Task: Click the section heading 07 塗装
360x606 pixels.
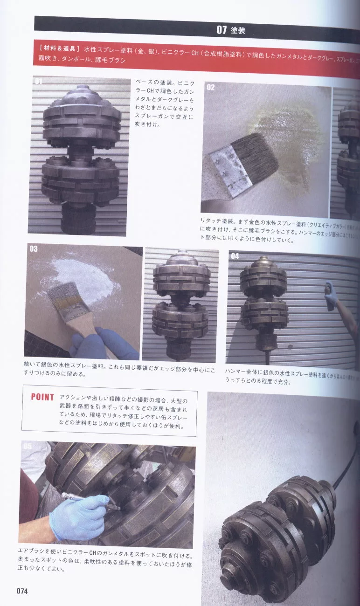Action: [230, 30]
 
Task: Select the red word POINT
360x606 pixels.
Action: [42, 397]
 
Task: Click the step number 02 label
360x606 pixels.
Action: [211, 87]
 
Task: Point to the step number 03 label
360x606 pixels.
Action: [34, 249]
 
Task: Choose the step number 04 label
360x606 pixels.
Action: [235, 256]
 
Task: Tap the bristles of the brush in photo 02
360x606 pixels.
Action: [256, 151]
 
